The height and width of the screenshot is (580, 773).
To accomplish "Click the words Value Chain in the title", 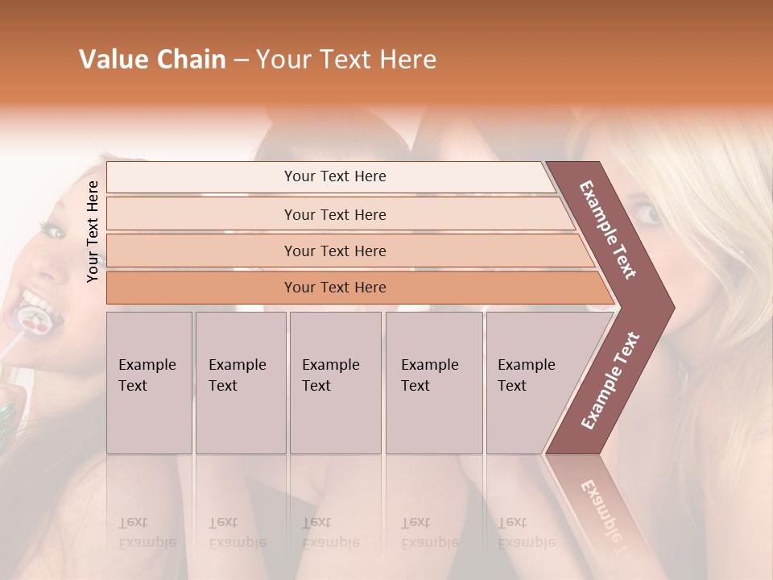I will tap(152, 60).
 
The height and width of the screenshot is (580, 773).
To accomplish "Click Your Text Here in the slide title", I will tap(346, 60).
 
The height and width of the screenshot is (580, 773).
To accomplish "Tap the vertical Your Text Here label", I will tap(93, 231).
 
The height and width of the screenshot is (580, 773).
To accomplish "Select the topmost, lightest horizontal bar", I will tap(334, 176).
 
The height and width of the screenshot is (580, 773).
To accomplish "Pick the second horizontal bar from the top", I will tap(334, 214).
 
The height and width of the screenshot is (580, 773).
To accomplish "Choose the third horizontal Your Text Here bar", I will tap(334, 251).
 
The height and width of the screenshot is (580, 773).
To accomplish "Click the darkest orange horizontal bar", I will tap(334, 288).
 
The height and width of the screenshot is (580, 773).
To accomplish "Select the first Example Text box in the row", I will tap(149, 383).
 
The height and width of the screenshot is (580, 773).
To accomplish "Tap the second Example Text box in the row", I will tap(240, 383).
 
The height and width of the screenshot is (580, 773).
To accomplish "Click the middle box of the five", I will tap(335, 383).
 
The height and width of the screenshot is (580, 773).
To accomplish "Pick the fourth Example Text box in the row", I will tap(433, 383).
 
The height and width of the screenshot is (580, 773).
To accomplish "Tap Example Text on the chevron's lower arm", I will tap(610, 380).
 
